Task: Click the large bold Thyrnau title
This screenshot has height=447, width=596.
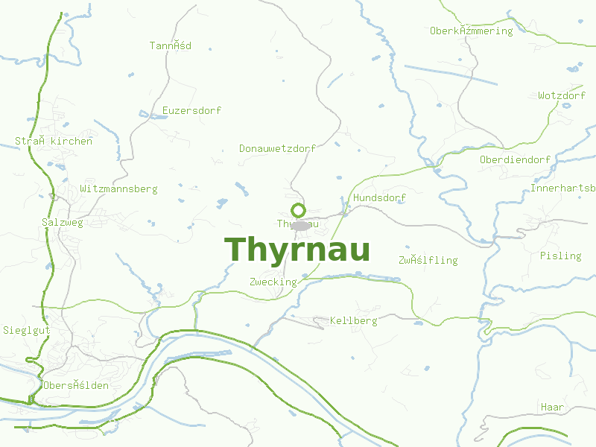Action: click(x=297, y=250)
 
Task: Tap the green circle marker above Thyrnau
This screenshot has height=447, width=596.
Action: click(x=298, y=210)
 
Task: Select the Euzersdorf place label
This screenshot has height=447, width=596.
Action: click(x=191, y=111)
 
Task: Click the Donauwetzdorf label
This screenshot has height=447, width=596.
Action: click(x=277, y=148)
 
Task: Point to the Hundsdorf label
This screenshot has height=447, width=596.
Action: click(x=379, y=198)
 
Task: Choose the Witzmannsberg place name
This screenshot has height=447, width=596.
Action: click(x=118, y=189)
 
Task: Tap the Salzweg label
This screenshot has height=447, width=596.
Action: click(x=63, y=222)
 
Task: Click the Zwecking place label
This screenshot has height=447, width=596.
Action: click(x=273, y=282)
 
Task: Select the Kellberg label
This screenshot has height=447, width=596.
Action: click(x=353, y=321)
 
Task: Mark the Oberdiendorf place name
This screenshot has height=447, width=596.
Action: click(x=515, y=160)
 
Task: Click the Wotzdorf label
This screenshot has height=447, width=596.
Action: click(x=561, y=96)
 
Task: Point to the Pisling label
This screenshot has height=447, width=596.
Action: click(x=560, y=256)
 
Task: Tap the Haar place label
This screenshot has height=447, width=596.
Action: click(x=552, y=408)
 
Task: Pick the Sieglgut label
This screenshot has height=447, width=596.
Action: click(x=26, y=330)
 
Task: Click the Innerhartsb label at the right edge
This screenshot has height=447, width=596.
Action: click(x=562, y=188)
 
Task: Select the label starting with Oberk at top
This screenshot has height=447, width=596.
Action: click(x=471, y=31)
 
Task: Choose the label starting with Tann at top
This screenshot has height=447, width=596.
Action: click(x=170, y=46)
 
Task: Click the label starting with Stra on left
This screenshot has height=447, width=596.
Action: click(x=54, y=141)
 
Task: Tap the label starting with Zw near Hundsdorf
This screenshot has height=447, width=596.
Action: click(x=428, y=261)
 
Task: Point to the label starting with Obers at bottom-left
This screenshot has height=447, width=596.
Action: click(x=75, y=386)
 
